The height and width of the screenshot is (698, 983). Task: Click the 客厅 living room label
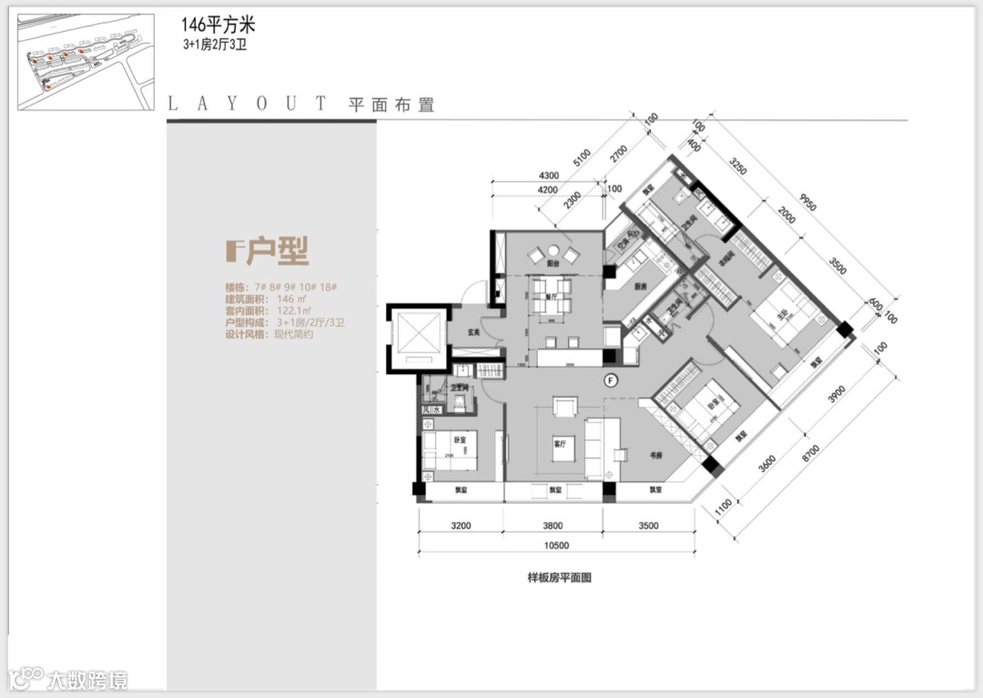click(561, 445)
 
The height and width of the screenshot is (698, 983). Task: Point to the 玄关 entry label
click(461, 331)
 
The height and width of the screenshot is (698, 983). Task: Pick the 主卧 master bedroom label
click(781, 318)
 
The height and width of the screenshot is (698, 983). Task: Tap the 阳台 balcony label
click(552, 262)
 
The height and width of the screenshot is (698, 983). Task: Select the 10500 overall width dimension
click(555, 545)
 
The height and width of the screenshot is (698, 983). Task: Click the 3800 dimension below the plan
click(553, 525)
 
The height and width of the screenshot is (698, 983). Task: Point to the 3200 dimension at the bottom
click(461, 525)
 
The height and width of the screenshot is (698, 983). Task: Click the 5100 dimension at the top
click(582, 160)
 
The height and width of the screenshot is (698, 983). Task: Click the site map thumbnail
click(86, 62)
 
